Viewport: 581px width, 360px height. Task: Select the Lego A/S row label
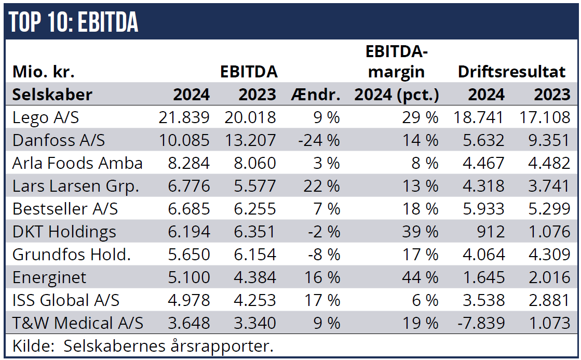[x=46, y=117]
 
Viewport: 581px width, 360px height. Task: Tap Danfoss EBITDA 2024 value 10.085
[x=184, y=140]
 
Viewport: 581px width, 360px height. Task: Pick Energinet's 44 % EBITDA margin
[x=421, y=277]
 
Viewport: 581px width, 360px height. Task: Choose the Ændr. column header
[x=316, y=95]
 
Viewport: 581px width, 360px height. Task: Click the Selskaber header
[x=52, y=95]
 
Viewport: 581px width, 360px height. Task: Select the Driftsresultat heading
[x=511, y=72]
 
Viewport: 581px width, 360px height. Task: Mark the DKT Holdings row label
[x=64, y=232]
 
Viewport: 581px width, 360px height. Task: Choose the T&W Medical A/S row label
[x=78, y=323]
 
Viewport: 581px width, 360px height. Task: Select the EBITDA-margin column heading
[x=397, y=61]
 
